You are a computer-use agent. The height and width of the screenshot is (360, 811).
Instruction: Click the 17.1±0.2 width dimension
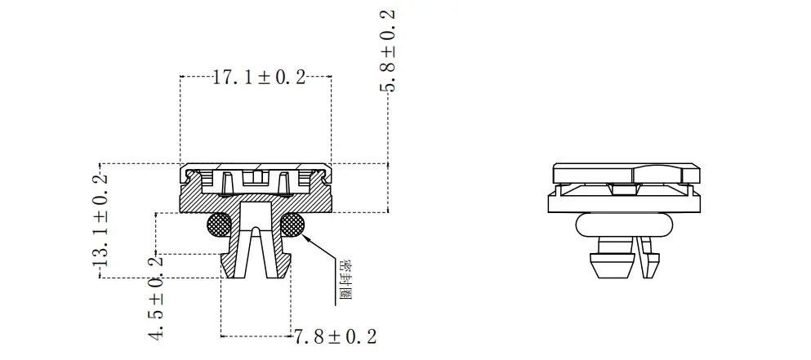pos(258,78)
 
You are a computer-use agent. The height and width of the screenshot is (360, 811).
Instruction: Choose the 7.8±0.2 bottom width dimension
pos(335,336)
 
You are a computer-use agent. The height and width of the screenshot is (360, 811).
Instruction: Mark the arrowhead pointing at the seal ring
pos(304,234)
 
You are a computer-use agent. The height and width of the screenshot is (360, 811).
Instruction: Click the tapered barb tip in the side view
pos(613,266)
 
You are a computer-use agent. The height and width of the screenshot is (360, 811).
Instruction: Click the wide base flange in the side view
pos(625,202)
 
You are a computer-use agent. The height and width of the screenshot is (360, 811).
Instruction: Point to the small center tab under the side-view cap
pos(625,189)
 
